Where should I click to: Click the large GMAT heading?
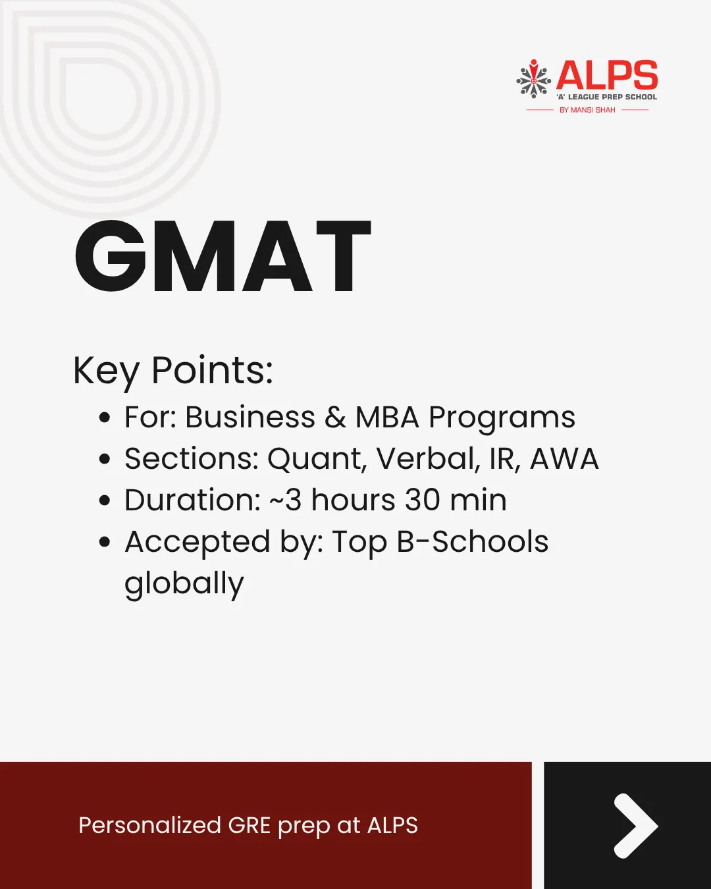pyautogui.click(x=223, y=256)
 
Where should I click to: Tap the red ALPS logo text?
pyautogui.click(x=607, y=75)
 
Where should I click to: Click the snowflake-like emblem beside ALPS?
pyautogui.click(x=533, y=79)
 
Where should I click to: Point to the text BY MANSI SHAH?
pyautogui.click(x=587, y=110)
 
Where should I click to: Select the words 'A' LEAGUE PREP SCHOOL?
pyautogui.click(x=606, y=97)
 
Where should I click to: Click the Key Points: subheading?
pyautogui.click(x=173, y=371)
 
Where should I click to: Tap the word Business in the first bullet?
pyautogui.click(x=250, y=417)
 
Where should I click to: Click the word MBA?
pyautogui.click(x=388, y=417)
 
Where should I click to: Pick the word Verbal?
pyautogui.click(x=428, y=458)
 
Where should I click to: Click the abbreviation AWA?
pyautogui.click(x=564, y=458)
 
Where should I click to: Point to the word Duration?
pyautogui.click(x=192, y=500)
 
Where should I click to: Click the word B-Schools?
pyautogui.click(x=473, y=541)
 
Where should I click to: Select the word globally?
pyautogui.click(x=184, y=583)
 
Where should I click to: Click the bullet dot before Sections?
pyautogui.click(x=105, y=458)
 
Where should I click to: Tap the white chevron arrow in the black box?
pyautogui.click(x=635, y=826)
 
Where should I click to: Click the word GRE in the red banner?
pyautogui.click(x=250, y=825)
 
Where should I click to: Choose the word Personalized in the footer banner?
pyautogui.click(x=150, y=825)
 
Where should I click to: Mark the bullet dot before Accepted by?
pyautogui.click(x=105, y=541)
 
